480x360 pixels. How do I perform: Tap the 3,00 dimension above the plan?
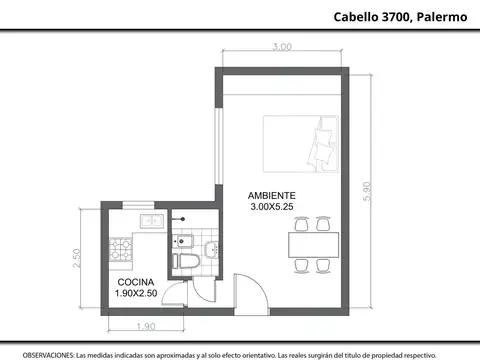(x=282, y=47)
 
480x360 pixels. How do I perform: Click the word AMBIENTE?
(x=271, y=194)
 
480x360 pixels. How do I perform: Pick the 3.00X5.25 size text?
(x=271, y=206)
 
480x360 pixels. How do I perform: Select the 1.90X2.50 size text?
(x=136, y=295)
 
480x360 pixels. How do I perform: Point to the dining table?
(x=312, y=244)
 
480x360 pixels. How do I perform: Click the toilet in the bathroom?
(x=186, y=262)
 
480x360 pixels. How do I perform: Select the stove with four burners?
(x=122, y=245)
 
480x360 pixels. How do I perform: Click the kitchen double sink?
(x=150, y=220)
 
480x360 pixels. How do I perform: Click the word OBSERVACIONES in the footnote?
(x=48, y=355)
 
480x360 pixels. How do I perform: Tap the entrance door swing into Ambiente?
(x=250, y=292)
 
